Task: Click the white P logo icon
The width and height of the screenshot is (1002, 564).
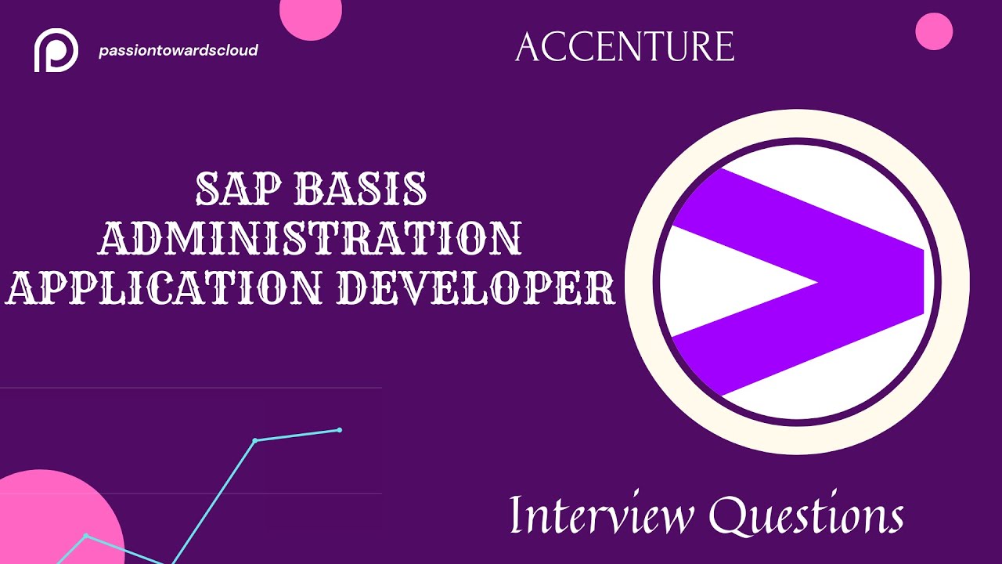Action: pyautogui.click(x=56, y=51)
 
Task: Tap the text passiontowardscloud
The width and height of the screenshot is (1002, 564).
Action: pyautogui.click(x=178, y=51)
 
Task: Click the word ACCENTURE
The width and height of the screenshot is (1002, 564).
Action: pyautogui.click(x=625, y=47)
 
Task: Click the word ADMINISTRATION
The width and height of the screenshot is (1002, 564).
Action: pyautogui.click(x=310, y=238)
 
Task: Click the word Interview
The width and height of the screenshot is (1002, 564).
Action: pyautogui.click(x=601, y=515)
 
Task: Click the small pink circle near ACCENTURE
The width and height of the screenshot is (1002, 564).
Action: pyautogui.click(x=934, y=31)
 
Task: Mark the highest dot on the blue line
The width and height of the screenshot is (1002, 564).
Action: pyautogui.click(x=340, y=429)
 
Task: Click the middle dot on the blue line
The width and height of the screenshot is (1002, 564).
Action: pyautogui.click(x=255, y=441)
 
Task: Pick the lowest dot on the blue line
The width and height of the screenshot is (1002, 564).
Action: pyautogui.click(x=86, y=536)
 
